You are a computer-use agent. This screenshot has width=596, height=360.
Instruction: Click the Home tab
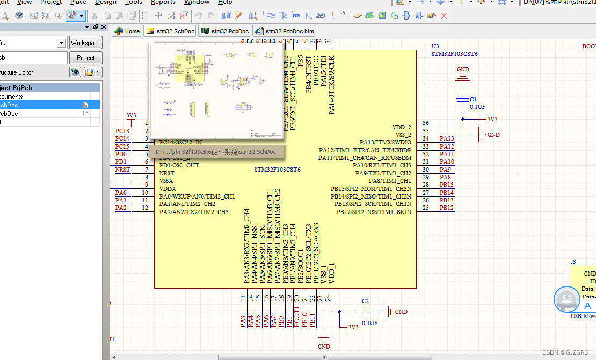pos(127,31)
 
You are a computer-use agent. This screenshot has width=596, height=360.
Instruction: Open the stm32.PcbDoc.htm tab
pos(284,31)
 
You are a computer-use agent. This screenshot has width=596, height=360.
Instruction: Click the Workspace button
pos(85,43)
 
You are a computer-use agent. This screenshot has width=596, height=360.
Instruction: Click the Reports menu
pos(163,2)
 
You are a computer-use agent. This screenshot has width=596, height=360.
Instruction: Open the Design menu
pos(106,2)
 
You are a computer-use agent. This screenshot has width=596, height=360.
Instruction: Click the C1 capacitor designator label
pos(473,100)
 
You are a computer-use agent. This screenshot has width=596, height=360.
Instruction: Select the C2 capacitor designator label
pos(365,301)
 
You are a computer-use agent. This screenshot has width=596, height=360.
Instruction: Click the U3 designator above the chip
pos(435,47)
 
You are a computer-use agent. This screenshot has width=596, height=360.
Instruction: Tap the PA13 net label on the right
pos(447,139)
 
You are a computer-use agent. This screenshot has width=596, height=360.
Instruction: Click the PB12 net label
pos(447,208)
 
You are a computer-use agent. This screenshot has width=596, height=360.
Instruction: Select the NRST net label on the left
pos(122,170)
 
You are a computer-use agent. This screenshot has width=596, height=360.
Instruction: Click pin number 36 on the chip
pos(426,123)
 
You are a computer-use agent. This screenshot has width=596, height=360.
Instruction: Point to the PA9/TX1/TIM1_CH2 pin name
pos(383,173)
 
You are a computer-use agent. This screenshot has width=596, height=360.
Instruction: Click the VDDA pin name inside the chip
pos(168,189)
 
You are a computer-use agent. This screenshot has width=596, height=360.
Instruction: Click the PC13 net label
pos(122,131)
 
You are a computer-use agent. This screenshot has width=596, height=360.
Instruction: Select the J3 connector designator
pos(573,262)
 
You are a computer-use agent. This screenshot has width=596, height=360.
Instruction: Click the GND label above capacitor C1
pos(463,70)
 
